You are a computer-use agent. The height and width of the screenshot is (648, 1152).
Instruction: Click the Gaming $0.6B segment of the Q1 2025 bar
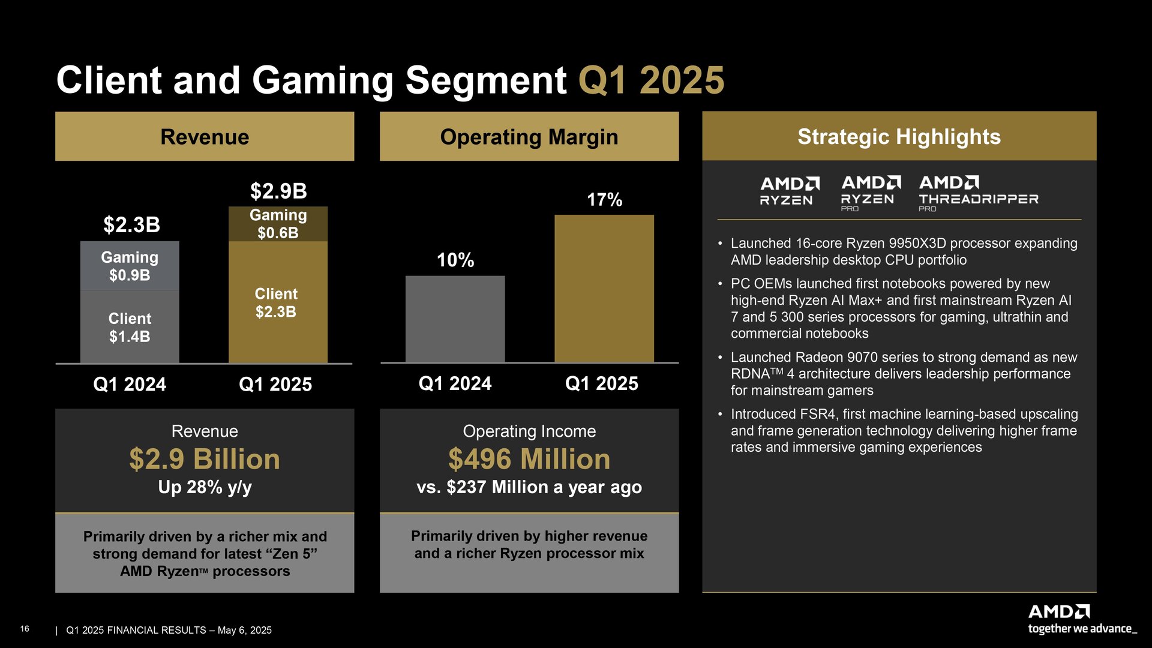pos(278,224)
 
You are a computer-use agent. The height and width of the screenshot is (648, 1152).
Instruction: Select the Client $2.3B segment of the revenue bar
pos(278,302)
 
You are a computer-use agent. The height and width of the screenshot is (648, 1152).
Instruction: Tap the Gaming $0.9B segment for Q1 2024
pos(130,266)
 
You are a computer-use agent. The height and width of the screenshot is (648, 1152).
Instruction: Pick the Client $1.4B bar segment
pos(130,327)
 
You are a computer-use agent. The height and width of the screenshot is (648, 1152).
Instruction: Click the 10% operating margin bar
pos(455,319)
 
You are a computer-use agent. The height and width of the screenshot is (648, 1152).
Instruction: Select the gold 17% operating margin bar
pos(604,288)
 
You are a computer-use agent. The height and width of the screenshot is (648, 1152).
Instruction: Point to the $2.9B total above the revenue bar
pos(278,191)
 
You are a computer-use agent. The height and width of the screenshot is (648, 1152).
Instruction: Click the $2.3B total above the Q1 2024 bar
pos(131,225)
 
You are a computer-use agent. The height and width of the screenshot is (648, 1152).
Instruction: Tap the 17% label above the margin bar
pos(604,200)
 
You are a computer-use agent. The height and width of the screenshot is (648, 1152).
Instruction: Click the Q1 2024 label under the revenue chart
pos(130,384)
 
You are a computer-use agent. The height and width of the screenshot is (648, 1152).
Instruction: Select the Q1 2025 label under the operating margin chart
pos(601,383)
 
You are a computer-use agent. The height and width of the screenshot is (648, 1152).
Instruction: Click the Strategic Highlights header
pos(899,136)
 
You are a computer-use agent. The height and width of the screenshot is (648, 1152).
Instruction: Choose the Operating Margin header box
pos(529,137)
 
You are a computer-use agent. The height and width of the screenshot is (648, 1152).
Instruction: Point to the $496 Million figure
pos(529,460)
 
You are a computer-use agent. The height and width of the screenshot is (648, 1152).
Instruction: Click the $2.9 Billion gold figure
pos(205,460)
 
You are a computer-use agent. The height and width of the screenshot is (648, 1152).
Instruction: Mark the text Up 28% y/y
pos(205,487)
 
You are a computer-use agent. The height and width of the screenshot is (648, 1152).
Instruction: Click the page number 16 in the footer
pos(25,629)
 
